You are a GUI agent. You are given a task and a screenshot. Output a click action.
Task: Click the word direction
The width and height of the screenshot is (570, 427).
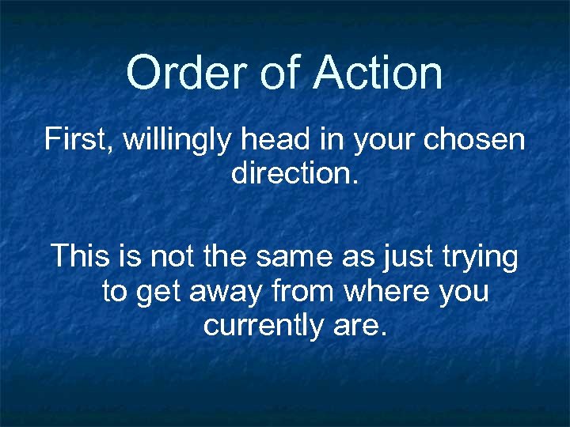click(x=294, y=173)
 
